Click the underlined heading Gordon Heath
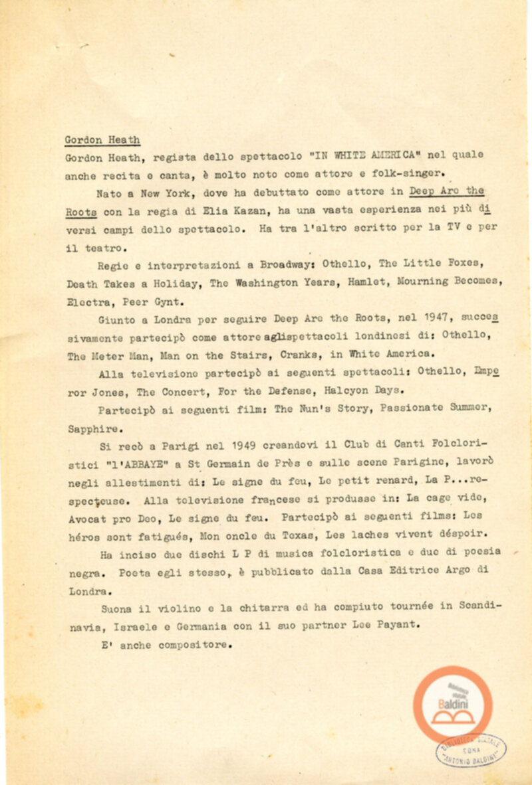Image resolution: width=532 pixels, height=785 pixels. click(102, 140)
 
